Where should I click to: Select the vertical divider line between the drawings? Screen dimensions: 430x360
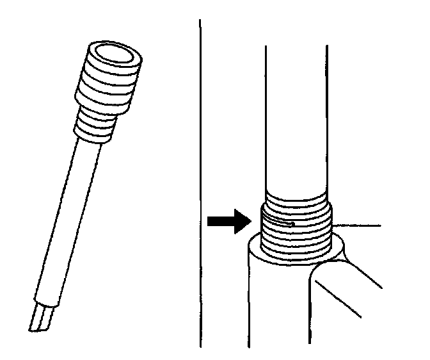click(201, 179)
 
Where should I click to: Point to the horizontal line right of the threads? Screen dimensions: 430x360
click(358, 225)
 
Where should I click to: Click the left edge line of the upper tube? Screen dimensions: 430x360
click(266, 115)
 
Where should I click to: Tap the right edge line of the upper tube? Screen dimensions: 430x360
click(328, 115)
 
